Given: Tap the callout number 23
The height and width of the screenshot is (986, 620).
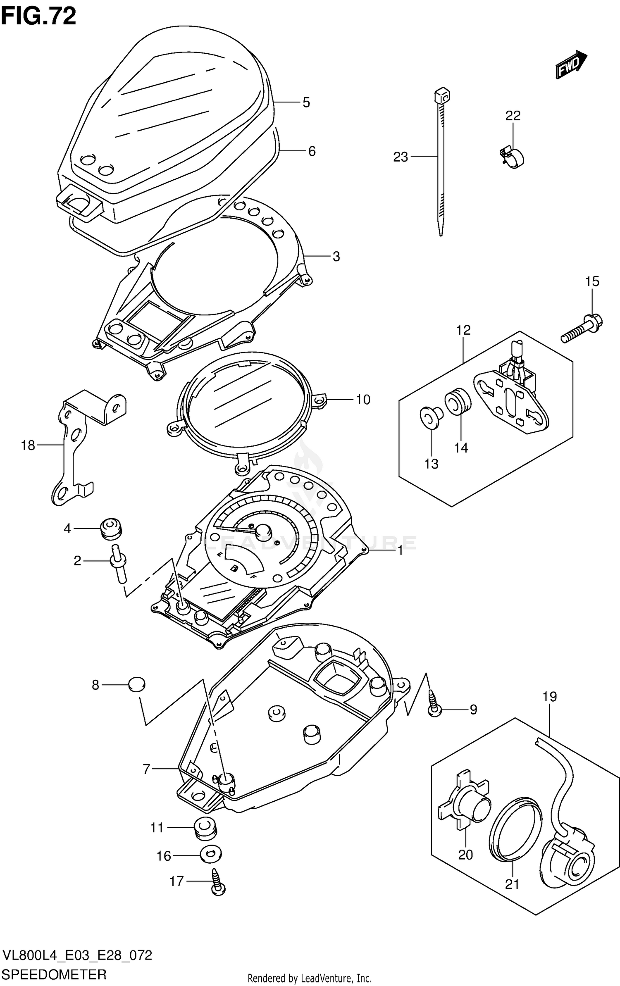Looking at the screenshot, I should [x=400, y=157].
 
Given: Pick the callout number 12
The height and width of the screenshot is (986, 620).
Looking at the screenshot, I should [x=463, y=330].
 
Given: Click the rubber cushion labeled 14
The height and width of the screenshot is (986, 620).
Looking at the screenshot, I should [x=458, y=401].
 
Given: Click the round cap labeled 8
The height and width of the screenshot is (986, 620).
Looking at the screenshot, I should [x=137, y=685].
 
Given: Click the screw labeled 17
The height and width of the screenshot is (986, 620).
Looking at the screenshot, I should [x=218, y=882].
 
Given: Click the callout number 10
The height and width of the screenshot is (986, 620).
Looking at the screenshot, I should [x=363, y=400].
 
